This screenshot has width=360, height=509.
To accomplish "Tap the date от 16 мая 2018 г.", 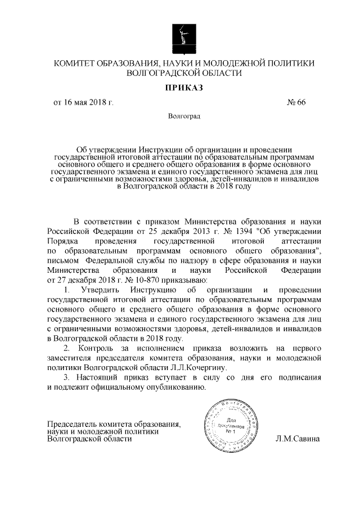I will click(x=83, y=103).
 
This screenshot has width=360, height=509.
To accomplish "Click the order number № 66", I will click(x=296, y=103).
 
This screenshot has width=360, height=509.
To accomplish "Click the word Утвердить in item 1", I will click(x=100, y=290).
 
